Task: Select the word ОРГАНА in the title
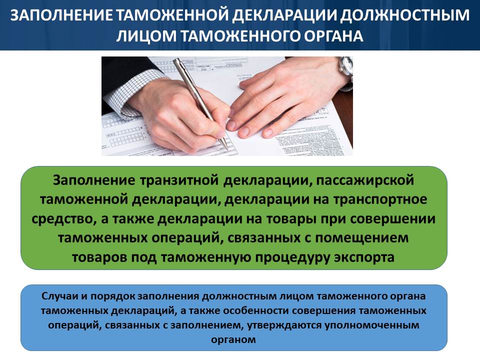[333, 36]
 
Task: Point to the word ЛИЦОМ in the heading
[146, 36]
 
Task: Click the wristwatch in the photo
[346, 66]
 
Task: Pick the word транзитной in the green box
[179, 180]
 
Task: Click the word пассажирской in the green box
[365, 180]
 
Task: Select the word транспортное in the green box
[380, 199]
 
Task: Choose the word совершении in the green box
[393, 219]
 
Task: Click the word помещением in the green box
[362, 238]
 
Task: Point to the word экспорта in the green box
[364, 257]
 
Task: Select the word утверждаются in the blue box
[284, 325]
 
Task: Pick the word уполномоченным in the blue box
[372, 325]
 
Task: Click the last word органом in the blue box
[233, 339]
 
